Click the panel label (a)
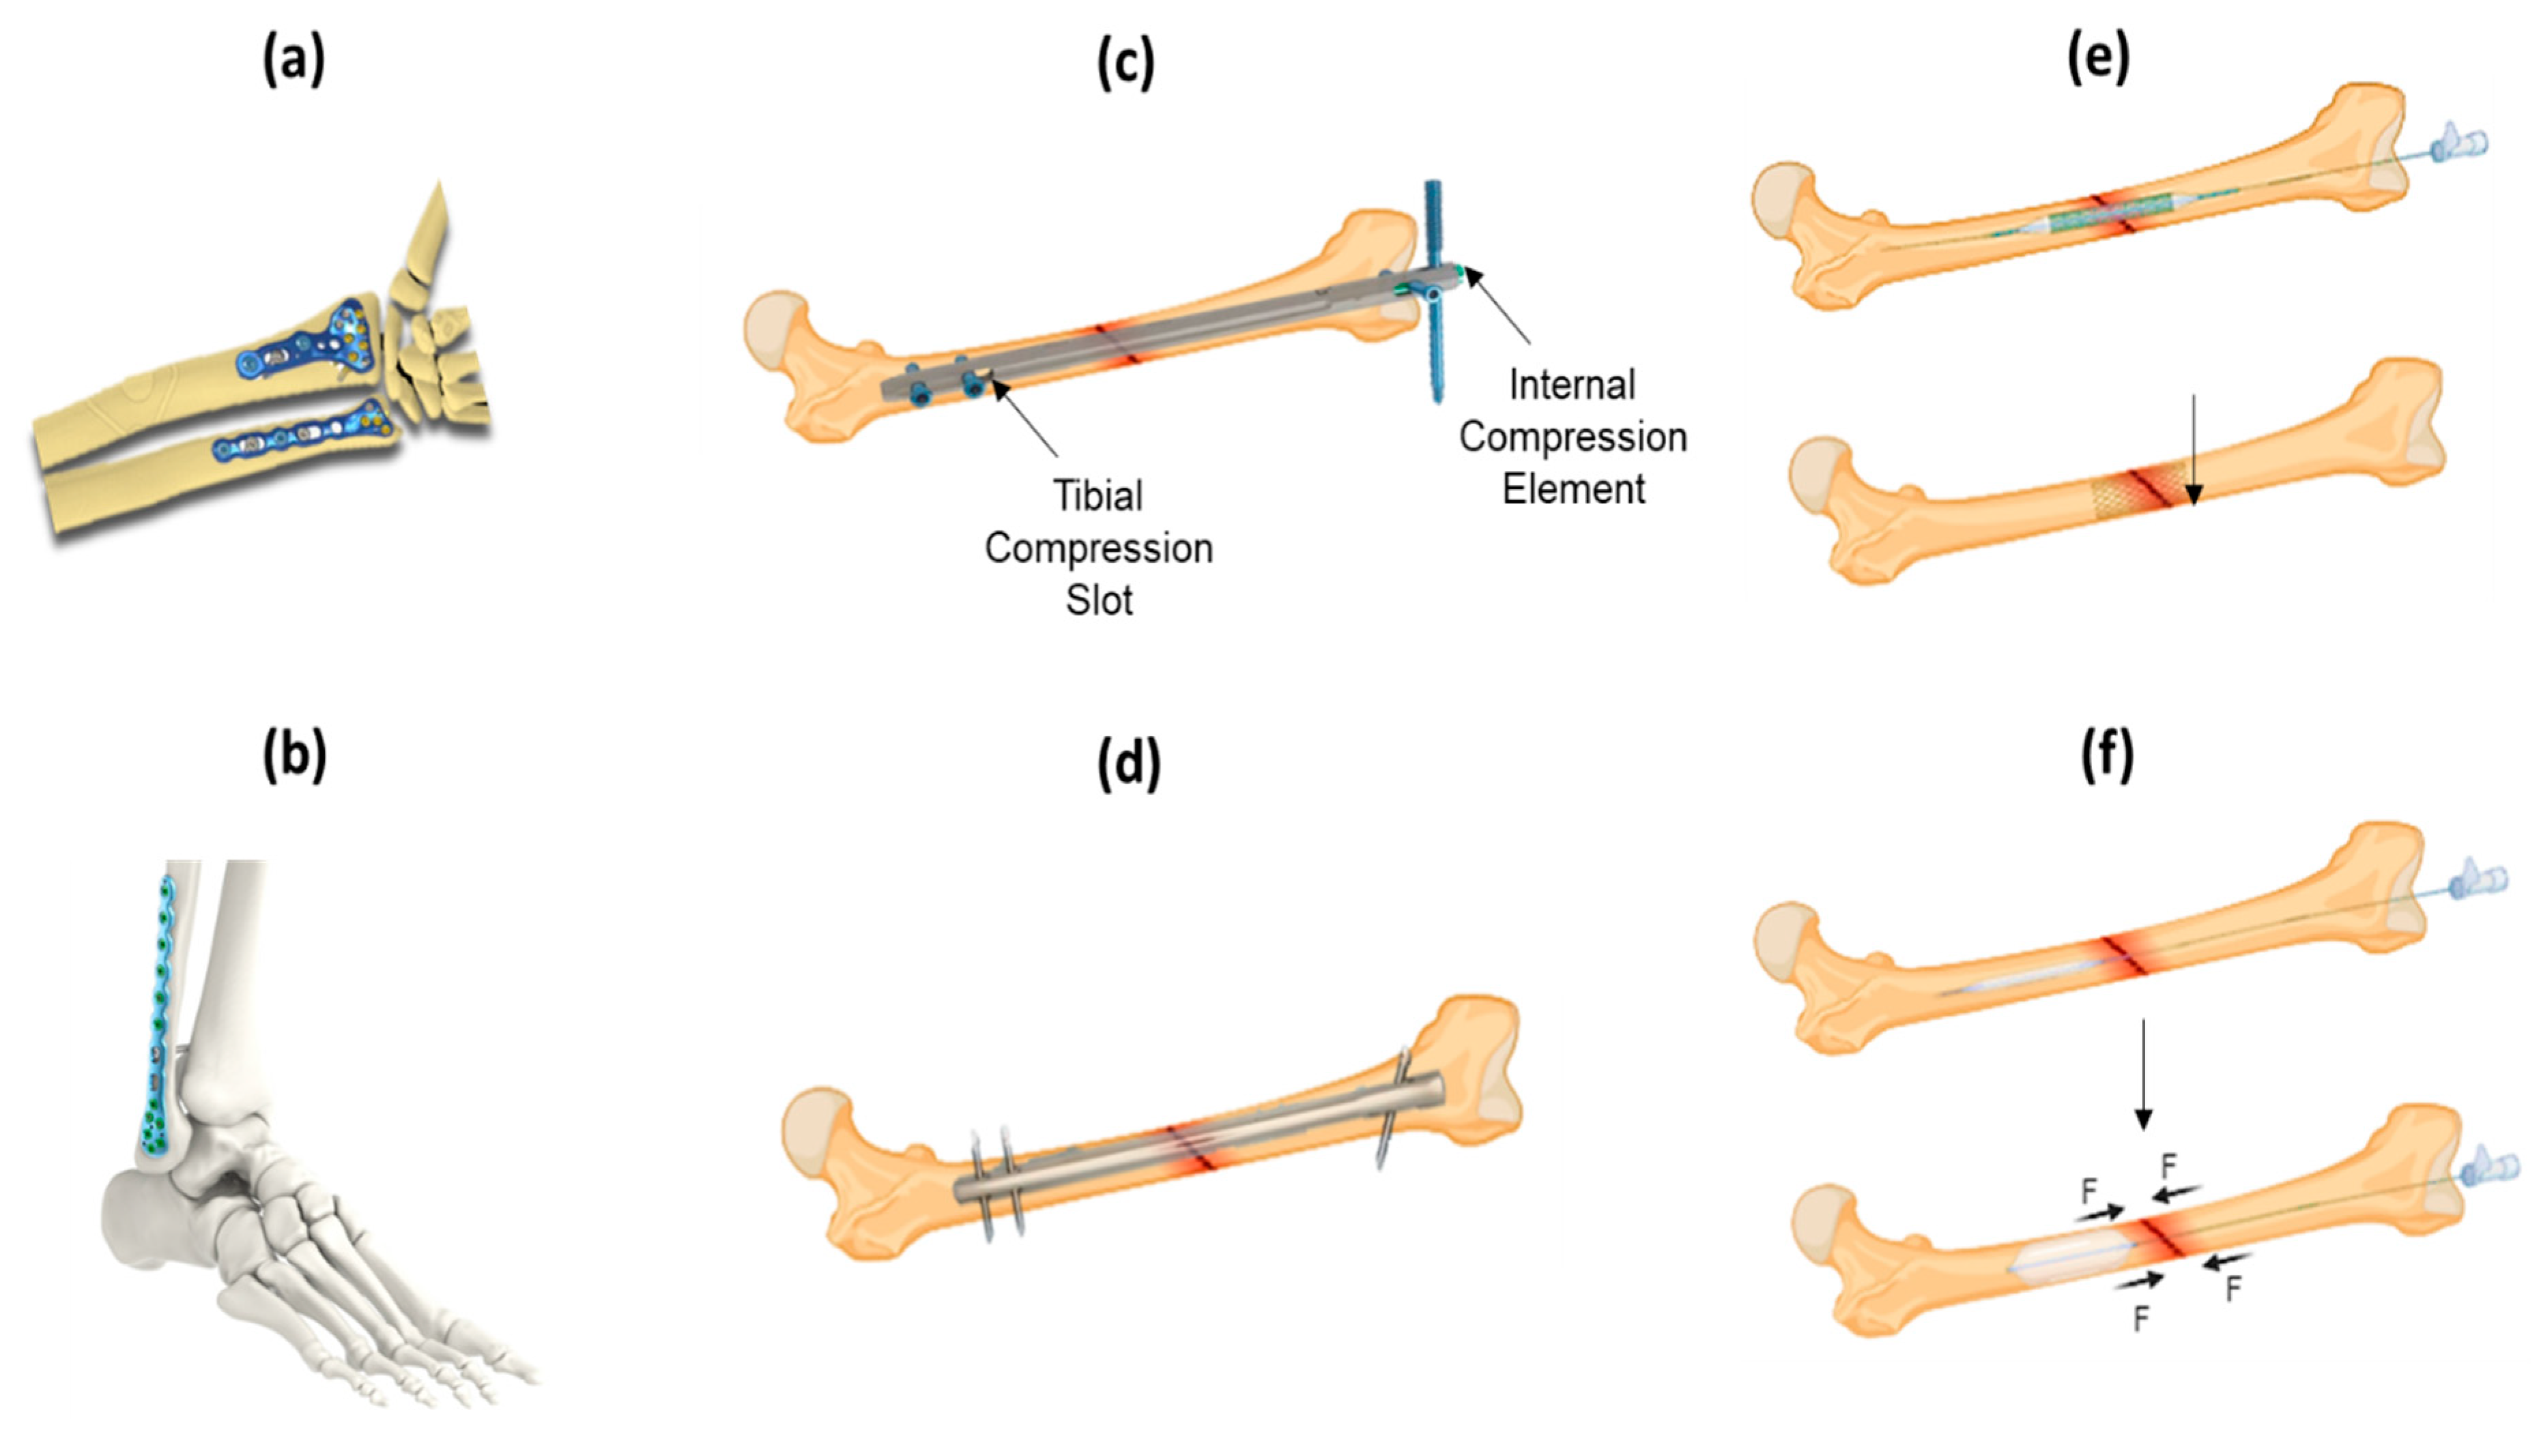(293, 63)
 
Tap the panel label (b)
(293, 757)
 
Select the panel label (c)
(1125, 65)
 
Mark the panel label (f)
(2106, 757)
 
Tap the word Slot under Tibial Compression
(1099, 600)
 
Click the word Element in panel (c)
(1573, 489)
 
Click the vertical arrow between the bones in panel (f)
(2142, 1075)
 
